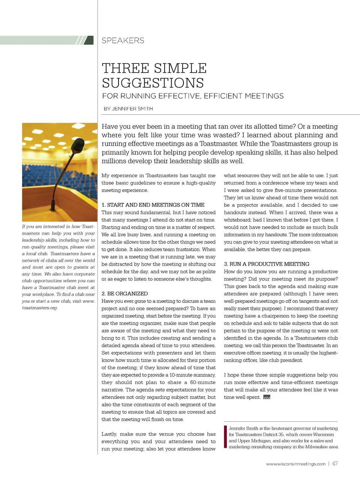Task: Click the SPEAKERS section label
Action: (x=123, y=41)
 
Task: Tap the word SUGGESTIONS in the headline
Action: (x=153, y=83)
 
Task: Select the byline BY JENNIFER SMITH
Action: (x=128, y=109)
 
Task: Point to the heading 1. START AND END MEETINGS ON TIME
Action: (x=153, y=205)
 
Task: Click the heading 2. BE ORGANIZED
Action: (x=124, y=294)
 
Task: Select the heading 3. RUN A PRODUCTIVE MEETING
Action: (x=267, y=264)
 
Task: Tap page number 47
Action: (x=335, y=464)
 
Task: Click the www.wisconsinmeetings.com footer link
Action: (x=296, y=464)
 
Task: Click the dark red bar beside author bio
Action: (x=225, y=437)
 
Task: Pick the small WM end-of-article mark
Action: (x=267, y=397)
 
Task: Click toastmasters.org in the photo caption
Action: (x=40, y=308)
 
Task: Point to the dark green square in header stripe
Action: (x=89, y=40)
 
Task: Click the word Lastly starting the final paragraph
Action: (x=109, y=434)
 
